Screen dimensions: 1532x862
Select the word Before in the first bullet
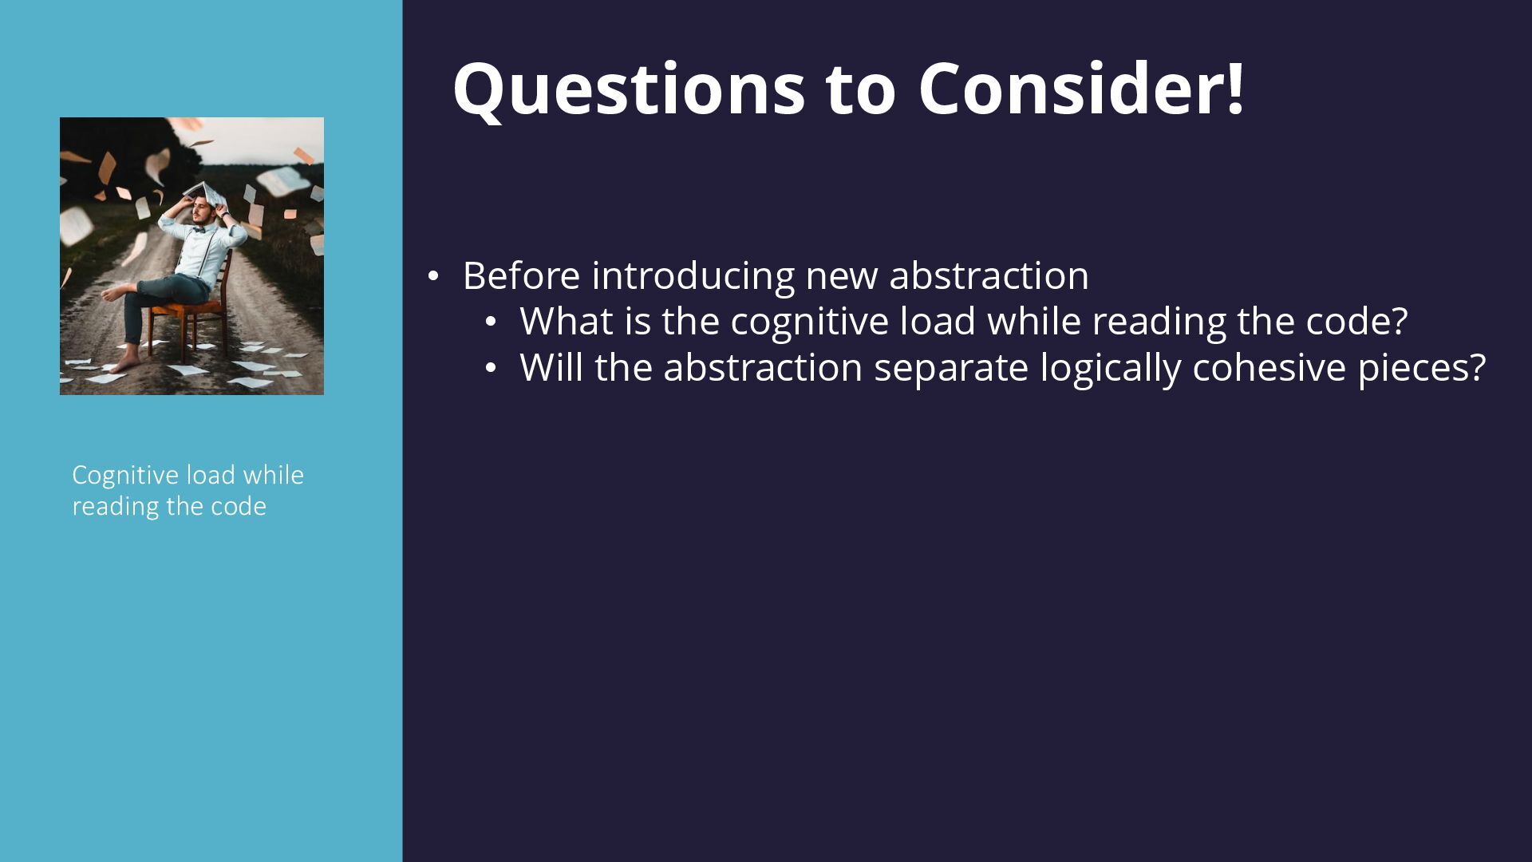[522, 275]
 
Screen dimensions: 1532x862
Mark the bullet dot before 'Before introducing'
[432, 277]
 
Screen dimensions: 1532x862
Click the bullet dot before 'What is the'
[491, 322]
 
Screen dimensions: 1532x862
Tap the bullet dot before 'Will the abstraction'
[491, 369]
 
